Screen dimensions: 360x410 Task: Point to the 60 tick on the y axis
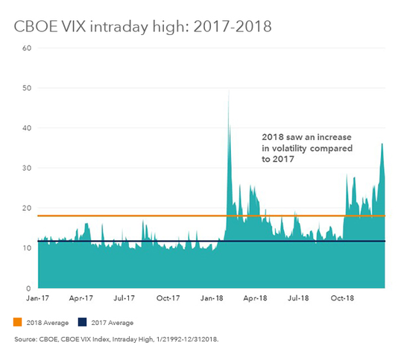tap(28, 48)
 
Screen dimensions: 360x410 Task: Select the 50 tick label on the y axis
tap(28, 89)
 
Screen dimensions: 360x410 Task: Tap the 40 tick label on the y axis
tap(28, 128)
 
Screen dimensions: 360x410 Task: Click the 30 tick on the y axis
tap(28, 168)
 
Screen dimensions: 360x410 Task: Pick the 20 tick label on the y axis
tap(28, 208)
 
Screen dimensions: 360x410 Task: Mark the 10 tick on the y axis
tap(28, 248)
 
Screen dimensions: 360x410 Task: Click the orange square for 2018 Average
tap(18, 323)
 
